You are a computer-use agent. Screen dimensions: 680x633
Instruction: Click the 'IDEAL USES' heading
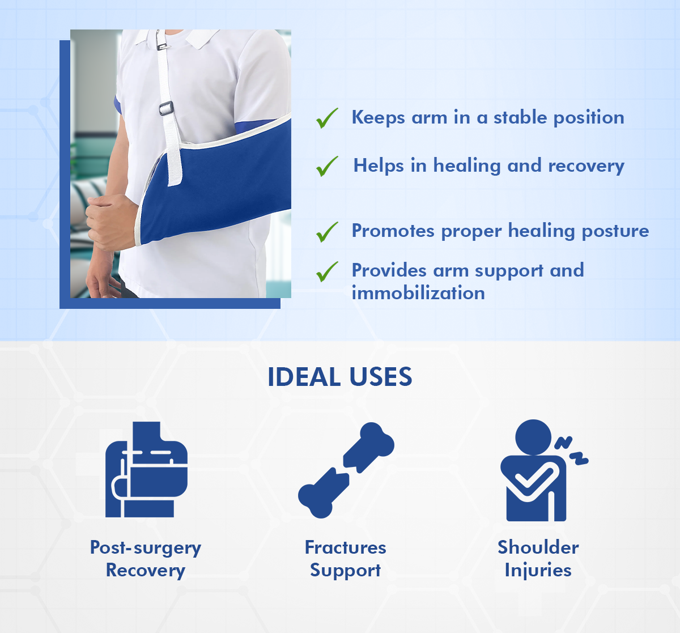pos(339,377)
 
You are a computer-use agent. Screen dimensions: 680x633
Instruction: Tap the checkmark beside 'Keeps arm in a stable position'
pos(327,118)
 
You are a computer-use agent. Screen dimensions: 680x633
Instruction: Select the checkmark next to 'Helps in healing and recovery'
pos(327,167)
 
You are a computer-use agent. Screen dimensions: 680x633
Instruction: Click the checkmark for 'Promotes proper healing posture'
pos(327,232)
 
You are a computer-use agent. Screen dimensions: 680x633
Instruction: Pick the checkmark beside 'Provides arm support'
pos(327,272)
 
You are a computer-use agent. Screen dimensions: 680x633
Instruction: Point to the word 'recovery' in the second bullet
pos(586,167)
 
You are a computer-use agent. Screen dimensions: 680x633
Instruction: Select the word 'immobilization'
pos(418,293)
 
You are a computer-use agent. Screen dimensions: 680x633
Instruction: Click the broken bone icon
pos(346,470)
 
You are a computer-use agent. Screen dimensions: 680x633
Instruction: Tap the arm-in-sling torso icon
pos(146,469)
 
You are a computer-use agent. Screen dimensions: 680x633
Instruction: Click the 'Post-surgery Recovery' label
pos(146,559)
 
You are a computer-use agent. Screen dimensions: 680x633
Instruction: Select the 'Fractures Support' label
pos(346,559)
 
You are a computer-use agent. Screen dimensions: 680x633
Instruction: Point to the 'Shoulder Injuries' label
pos(538,559)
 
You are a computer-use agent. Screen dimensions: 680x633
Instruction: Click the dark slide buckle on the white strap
pos(167,108)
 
